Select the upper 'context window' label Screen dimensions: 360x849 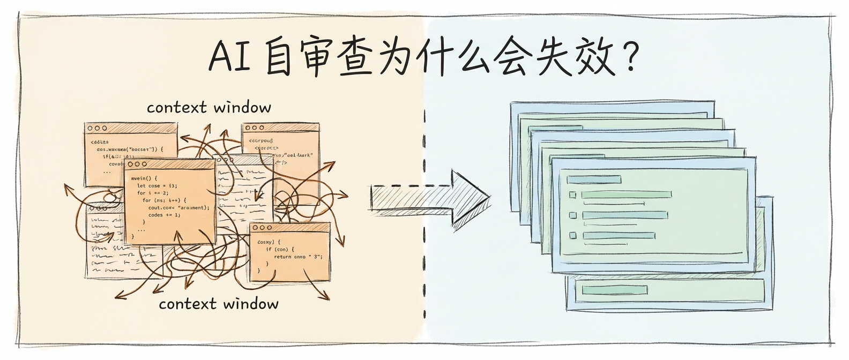click(209, 108)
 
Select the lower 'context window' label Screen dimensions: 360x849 click(219, 304)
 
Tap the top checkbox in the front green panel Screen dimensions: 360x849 click(572, 195)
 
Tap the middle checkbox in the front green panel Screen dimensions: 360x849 click(572, 215)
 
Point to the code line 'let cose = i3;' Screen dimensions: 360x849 click(157, 185)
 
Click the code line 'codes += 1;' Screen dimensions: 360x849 click(164, 215)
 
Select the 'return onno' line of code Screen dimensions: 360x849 click(298, 257)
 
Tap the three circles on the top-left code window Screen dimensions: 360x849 click(97, 129)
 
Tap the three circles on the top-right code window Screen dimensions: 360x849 click(254, 129)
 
